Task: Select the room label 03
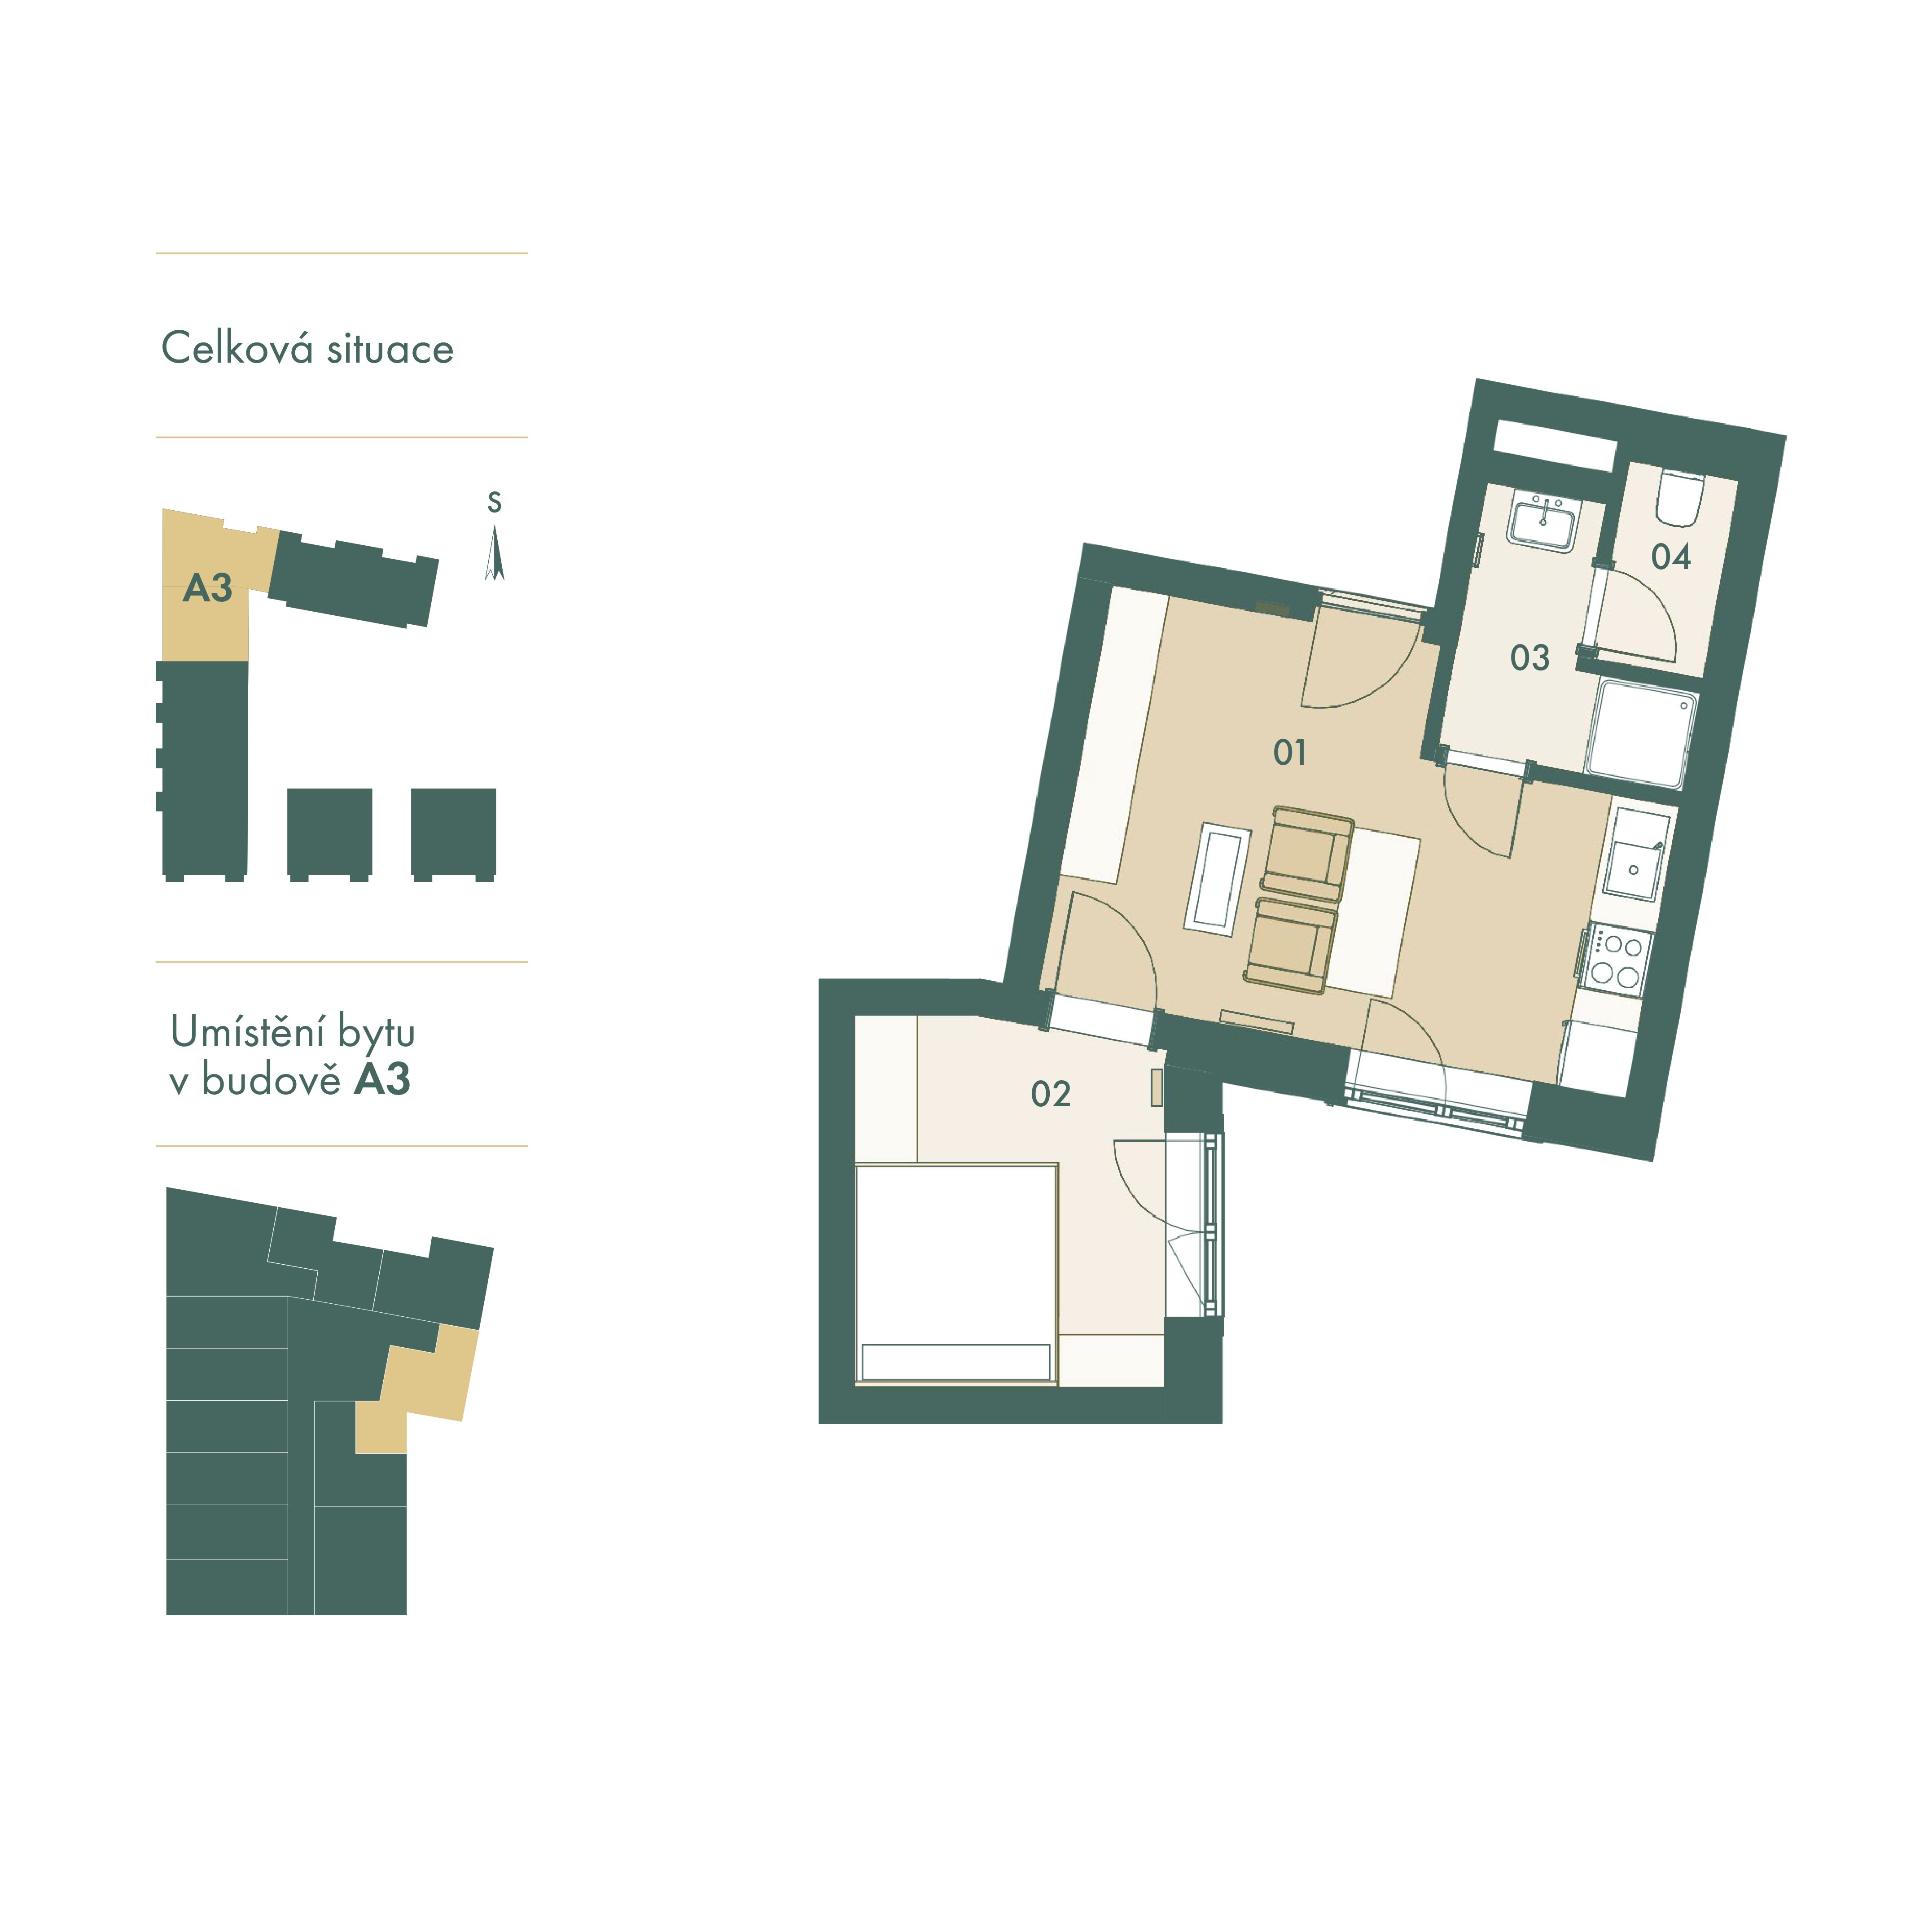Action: pyautogui.click(x=1529, y=657)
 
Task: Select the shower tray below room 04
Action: pyautogui.click(x=1640, y=733)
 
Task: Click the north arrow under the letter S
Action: pyautogui.click(x=495, y=553)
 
